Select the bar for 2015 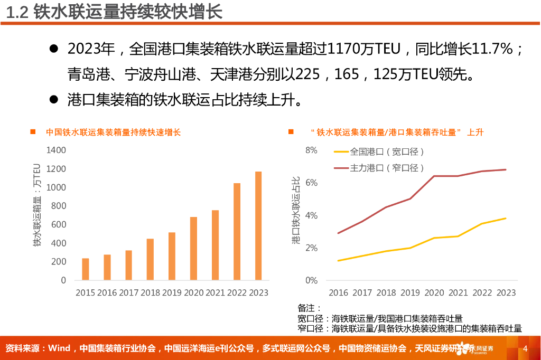[86, 269]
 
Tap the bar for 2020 [193, 249]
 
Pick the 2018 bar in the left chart [150, 259]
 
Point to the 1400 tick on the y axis [56, 150]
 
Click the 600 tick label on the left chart [59, 224]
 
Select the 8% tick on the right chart [311, 150]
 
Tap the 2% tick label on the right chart [311, 248]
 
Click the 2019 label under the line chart [411, 292]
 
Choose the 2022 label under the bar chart [237, 292]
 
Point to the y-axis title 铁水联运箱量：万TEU [36, 206]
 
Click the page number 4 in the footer [525, 348]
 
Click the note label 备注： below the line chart [310, 308]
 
